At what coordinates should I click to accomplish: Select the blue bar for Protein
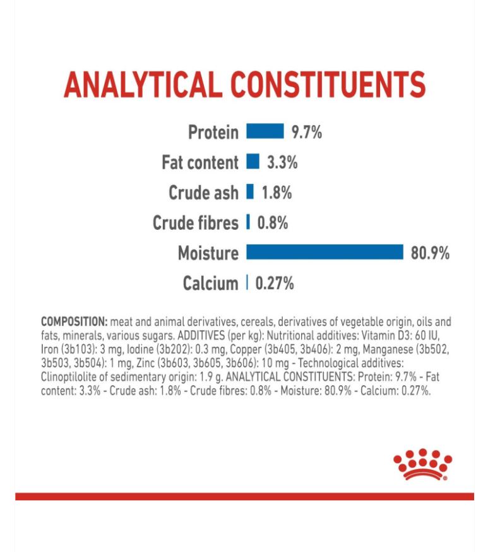coord(265,131)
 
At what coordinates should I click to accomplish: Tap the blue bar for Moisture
coord(324,253)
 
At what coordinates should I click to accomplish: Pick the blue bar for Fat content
coord(253,162)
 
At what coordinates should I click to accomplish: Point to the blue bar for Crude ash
coord(250,192)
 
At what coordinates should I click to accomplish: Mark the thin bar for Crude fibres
coord(248,222)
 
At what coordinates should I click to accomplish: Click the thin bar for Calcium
coord(247,283)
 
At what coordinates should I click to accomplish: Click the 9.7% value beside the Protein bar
coord(307,132)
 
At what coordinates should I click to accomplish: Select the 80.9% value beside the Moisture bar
coord(431,253)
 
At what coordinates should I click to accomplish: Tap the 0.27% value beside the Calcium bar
coord(275,284)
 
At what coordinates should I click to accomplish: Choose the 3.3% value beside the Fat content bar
coord(282,162)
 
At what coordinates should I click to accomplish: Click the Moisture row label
coord(208,253)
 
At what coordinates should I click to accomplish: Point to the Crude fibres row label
coord(196,223)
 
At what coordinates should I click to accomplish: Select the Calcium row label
coord(211,284)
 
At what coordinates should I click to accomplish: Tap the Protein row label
coord(213,132)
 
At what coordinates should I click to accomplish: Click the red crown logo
coord(422,465)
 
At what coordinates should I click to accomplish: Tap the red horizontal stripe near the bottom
coord(244,496)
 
